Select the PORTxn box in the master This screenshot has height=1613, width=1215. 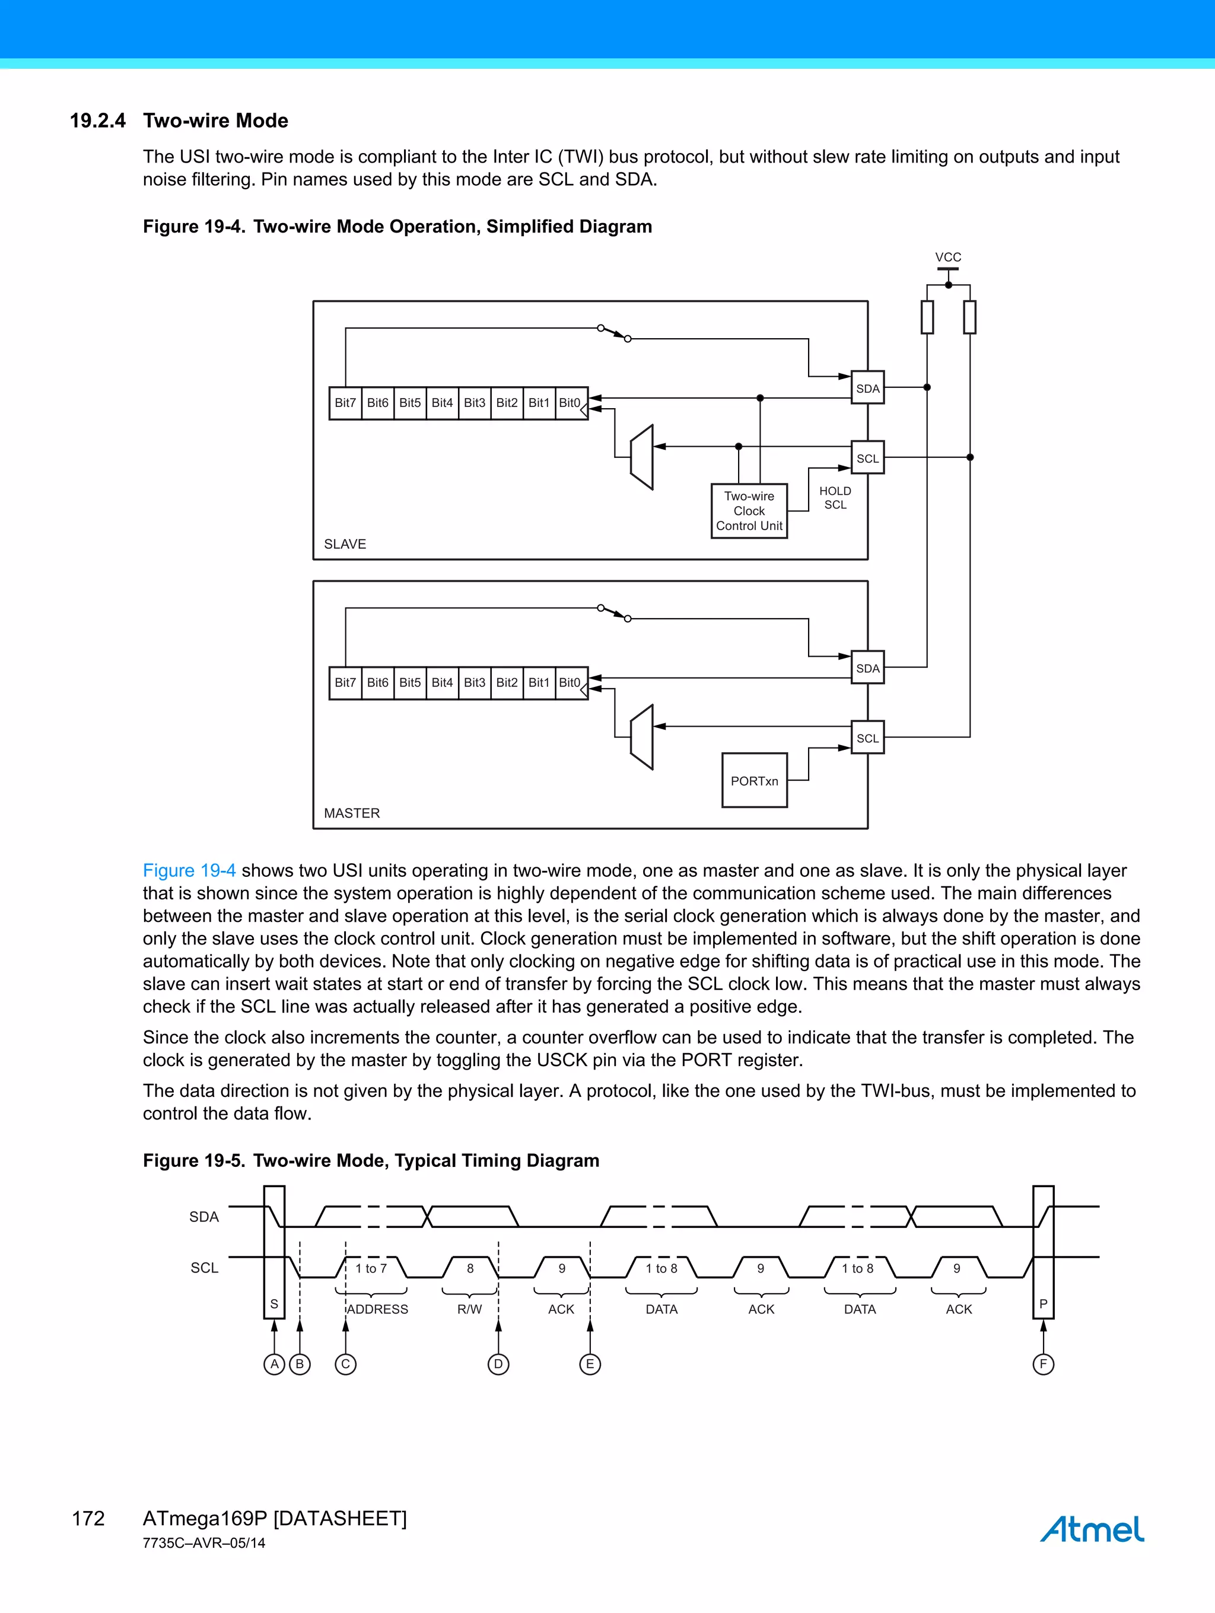tap(754, 781)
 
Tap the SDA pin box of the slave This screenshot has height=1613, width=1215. tap(867, 388)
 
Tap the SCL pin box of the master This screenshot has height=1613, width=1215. tap(867, 738)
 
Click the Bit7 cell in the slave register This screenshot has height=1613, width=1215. tap(345, 403)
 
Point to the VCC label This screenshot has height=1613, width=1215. tap(948, 257)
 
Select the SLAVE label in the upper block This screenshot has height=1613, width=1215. tap(345, 544)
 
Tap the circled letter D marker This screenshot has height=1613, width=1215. tap(498, 1364)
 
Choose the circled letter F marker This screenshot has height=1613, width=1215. tap(1043, 1364)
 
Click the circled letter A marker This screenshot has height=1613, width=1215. tap(274, 1364)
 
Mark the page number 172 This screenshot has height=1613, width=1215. tap(88, 1519)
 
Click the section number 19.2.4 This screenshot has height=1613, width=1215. tap(98, 121)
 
